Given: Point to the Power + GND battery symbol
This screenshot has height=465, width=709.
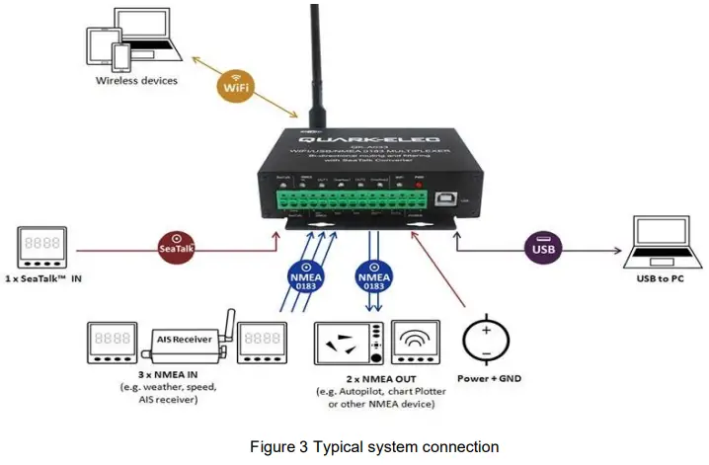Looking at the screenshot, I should point(484,339).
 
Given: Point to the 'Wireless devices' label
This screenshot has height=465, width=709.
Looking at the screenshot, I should point(136,80).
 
